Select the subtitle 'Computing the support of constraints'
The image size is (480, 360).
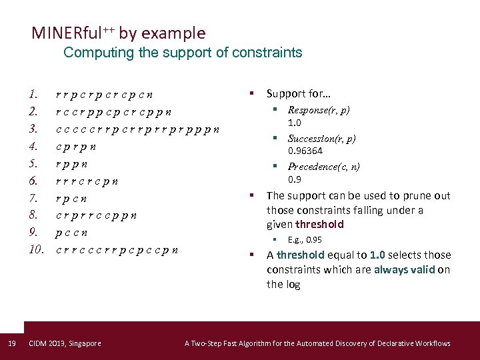pyautogui.click(x=183, y=53)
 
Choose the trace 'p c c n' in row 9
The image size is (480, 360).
pyautogui.click(x=72, y=233)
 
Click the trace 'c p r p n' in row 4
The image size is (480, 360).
pyautogui.click(x=75, y=146)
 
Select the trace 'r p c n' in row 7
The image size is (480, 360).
pyautogui.click(x=72, y=198)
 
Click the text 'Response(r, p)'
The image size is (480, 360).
pyautogui.click(x=319, y=110)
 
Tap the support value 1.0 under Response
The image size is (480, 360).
pyautogui.click(x=294, y=123)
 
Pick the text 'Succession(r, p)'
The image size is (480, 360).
pyautogui.click(x=321, y=139)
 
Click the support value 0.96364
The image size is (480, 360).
pyautogui.click(x=305, y=151)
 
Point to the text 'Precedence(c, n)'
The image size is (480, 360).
pyautogui.click(x=323, y=167)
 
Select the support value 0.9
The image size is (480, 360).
pyautogui.click(x=294, y=179)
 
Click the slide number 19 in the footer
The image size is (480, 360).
pyautogui.click(x=11, y=343)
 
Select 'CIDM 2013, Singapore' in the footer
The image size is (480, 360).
pyautogui.click(x=65, y=343)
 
